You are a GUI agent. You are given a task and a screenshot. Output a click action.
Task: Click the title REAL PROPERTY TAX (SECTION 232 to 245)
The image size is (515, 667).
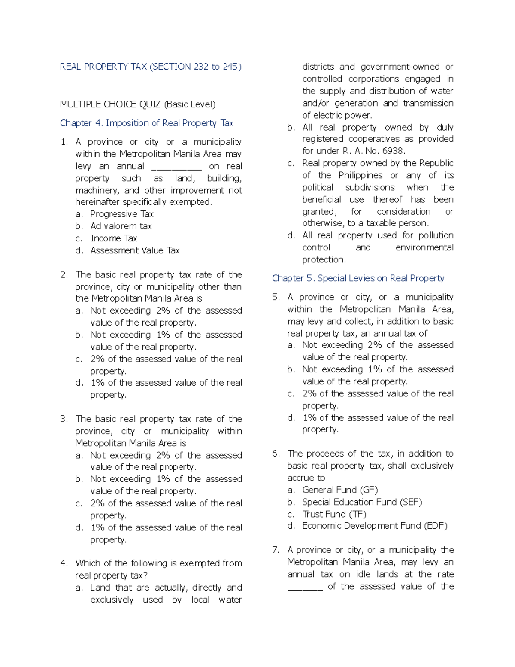point(151,67)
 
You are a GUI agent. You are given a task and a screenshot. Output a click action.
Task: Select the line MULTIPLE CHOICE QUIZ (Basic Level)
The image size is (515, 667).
point(137,104)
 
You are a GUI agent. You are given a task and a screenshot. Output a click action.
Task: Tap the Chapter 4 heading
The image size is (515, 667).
point(146,123)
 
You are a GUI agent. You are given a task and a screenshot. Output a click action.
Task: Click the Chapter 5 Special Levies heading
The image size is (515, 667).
point(358,278)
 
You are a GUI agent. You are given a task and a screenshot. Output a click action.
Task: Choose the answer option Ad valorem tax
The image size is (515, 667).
point(121,226)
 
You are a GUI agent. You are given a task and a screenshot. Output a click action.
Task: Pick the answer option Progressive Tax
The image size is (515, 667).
point(121,214)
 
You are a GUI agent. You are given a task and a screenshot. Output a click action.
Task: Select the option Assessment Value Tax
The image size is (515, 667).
point(135,250)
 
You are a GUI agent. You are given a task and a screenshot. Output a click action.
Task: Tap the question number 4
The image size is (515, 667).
point(64,563)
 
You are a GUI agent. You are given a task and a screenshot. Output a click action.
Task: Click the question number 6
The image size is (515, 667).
point(276,454)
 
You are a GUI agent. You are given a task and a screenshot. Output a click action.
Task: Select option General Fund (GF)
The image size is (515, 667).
point(340,490)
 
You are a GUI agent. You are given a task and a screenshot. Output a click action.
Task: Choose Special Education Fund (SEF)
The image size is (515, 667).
point(362,502)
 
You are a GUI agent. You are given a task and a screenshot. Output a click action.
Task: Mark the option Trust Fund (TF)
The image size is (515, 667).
point(334,514)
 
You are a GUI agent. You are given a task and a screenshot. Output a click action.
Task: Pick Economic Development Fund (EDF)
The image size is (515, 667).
point(375,526)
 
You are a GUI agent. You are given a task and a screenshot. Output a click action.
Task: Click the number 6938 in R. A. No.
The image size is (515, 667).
point(393,151)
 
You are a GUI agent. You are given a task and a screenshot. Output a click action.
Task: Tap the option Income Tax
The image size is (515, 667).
point(114,238)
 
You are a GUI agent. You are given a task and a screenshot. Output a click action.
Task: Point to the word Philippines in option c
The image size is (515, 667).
point(360,175)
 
